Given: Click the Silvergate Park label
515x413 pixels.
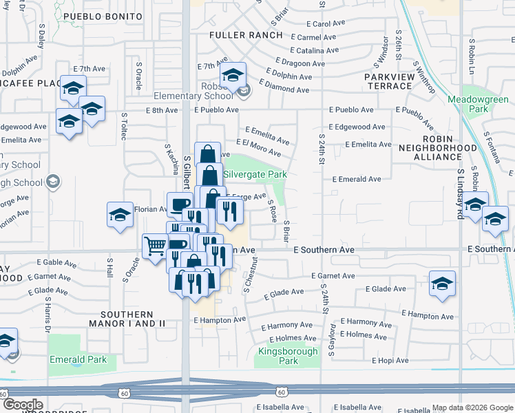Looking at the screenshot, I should click(x=254, y=175).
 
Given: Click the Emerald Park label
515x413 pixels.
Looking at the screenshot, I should click(x=78, y=359).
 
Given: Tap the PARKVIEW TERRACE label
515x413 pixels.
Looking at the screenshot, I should click(x=389, y=81).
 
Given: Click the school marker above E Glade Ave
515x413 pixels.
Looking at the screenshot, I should click(x=441, y=283).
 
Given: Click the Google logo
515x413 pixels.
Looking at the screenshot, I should click(x=22, y=405).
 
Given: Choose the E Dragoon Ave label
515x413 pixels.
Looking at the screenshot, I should click(x=298, y=63).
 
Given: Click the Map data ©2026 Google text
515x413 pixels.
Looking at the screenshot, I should click(x=472, y=407).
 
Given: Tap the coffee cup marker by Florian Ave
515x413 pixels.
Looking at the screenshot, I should click(x=179, y=204).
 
